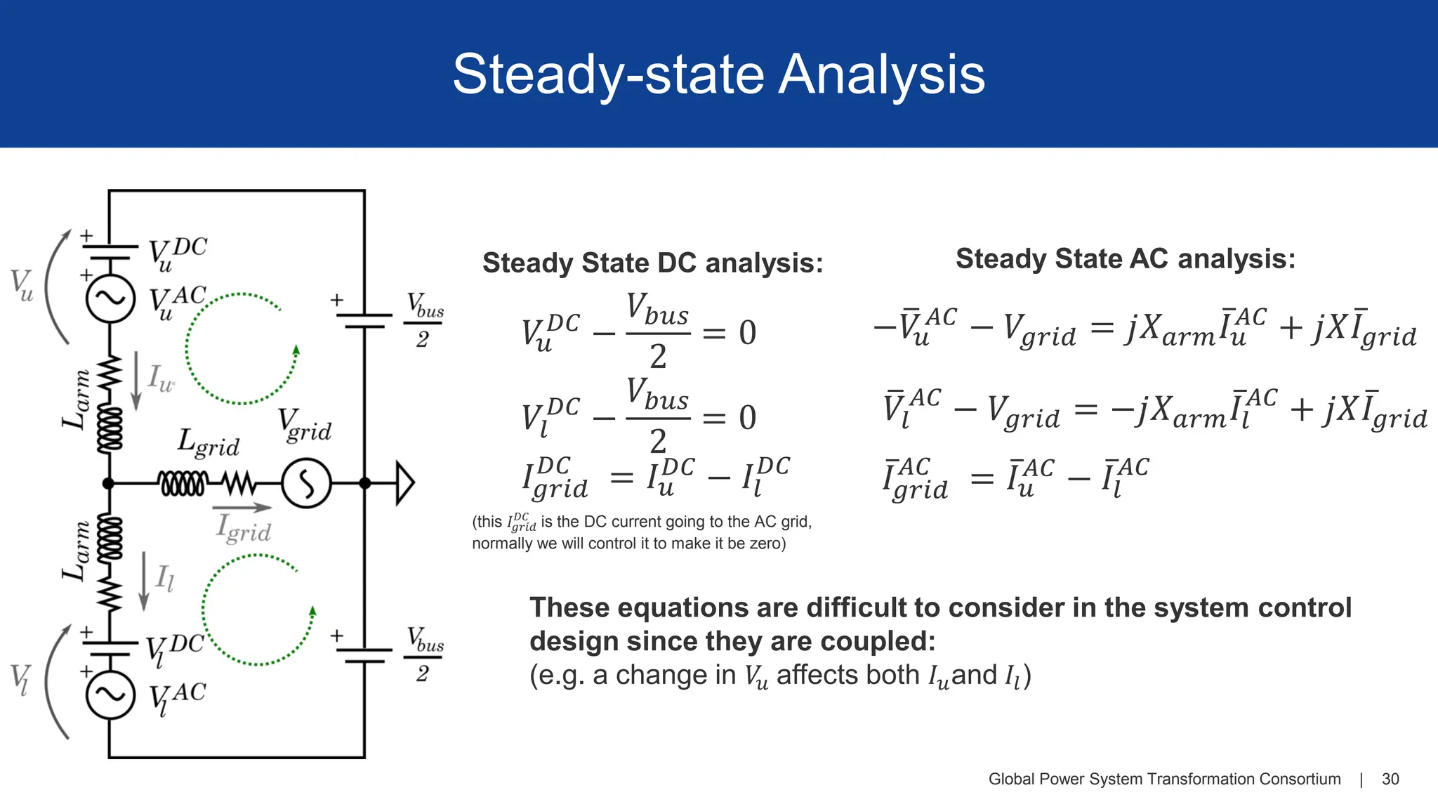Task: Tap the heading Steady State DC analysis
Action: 652,263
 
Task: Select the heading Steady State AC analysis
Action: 1125,259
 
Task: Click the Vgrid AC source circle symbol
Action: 306,483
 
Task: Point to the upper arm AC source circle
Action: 110,298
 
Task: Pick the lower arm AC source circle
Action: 110,695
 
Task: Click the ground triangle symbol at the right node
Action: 404,483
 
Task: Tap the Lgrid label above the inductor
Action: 208,442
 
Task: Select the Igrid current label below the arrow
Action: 244,528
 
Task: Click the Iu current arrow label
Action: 160,378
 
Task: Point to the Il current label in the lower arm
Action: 164,579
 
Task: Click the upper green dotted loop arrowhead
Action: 296,350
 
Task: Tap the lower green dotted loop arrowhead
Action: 313,612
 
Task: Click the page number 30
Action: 1390,779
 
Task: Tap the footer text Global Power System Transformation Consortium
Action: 1164,779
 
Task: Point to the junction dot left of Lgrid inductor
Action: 108,483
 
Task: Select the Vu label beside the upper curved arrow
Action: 22,285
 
